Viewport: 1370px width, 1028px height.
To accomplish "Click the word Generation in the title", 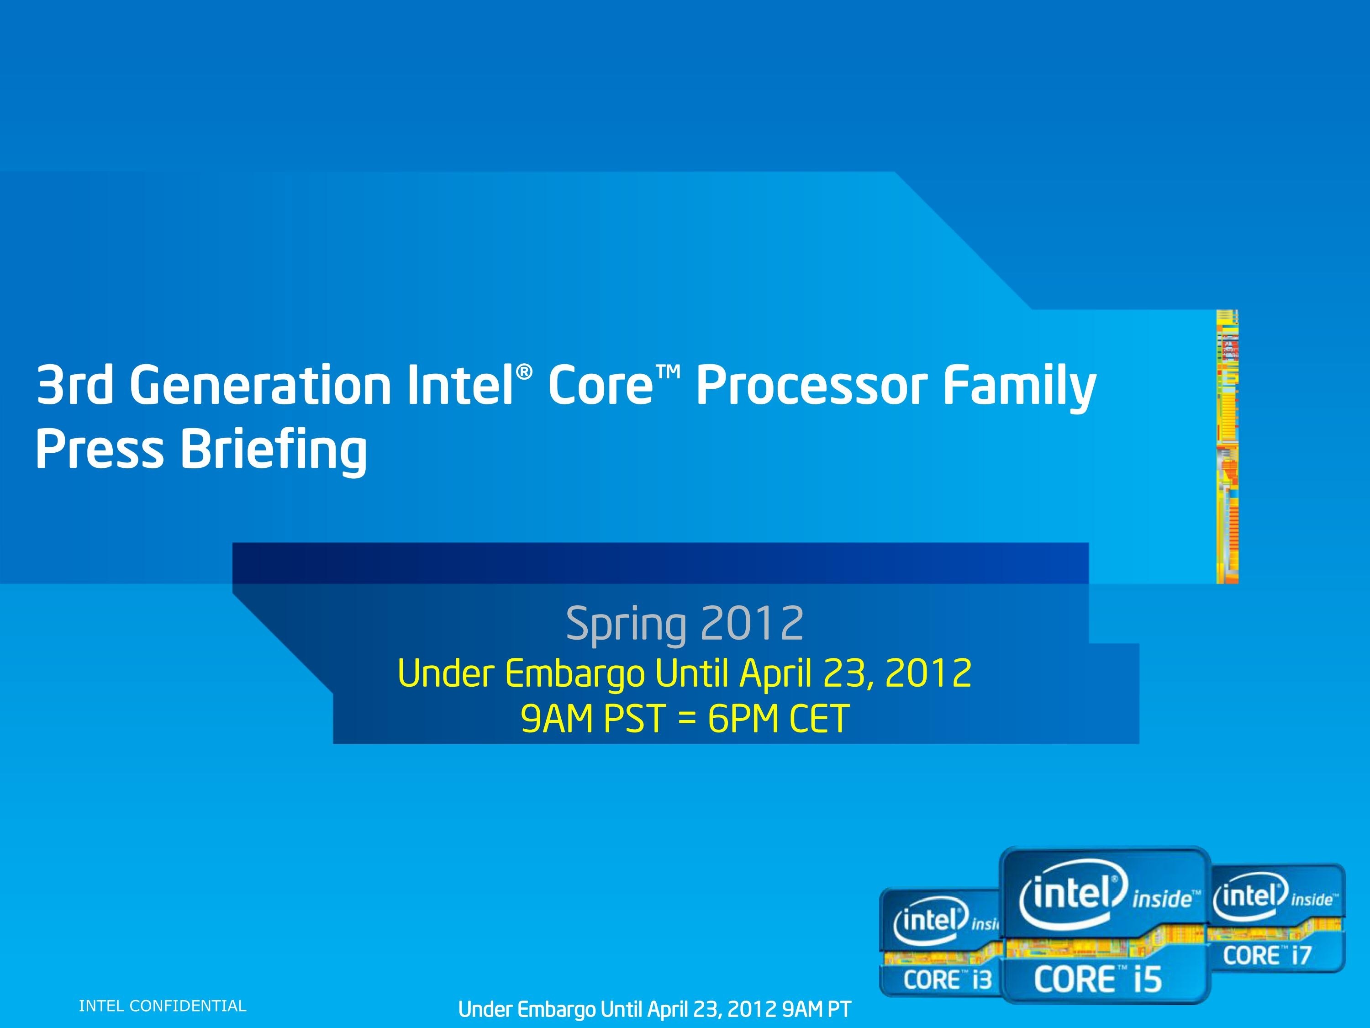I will pyautogui.click(x=260, y=386).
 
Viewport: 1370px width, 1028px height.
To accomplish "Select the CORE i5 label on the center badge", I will pyautogui.click(x=1097, y=980).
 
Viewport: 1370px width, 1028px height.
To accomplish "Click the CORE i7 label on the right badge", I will pyautogui.click(x=1267, y=955).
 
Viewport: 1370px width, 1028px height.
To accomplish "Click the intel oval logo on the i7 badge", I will pyautogui.click(x=1250, y=896).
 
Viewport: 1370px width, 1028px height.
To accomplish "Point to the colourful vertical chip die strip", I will pyautogui.click(x=1227, y=446).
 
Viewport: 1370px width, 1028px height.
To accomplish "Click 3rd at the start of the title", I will pyautogui.click(x=74, y=386).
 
